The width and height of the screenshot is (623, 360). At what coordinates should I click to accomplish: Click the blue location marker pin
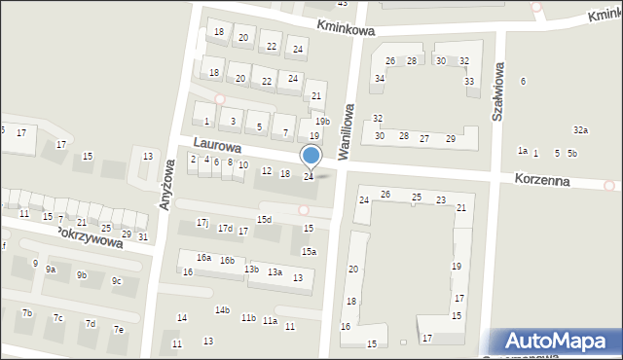tap(311, 157)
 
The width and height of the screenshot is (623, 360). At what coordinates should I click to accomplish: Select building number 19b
tap(322, 122)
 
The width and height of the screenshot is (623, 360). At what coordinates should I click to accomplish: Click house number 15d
tap(264, 220)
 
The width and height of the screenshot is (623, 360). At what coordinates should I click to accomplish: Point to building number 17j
tap(202, 223)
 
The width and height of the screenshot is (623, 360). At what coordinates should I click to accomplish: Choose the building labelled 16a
tap(203, 258)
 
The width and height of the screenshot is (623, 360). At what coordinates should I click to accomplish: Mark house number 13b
tap(251, 270)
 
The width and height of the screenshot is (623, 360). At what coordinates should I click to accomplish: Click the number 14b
tap(222, 310)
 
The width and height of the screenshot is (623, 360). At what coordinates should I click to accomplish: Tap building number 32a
tap(580, 129)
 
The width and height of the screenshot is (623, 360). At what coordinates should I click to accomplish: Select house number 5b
tap(572, 153)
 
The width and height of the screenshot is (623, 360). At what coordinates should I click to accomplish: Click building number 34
tap(379, 78)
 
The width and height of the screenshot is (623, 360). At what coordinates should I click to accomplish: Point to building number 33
tap(469, 81)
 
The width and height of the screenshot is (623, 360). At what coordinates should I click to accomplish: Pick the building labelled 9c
tap(117, 281)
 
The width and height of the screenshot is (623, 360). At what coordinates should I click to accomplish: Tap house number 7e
tap(119, 330)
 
